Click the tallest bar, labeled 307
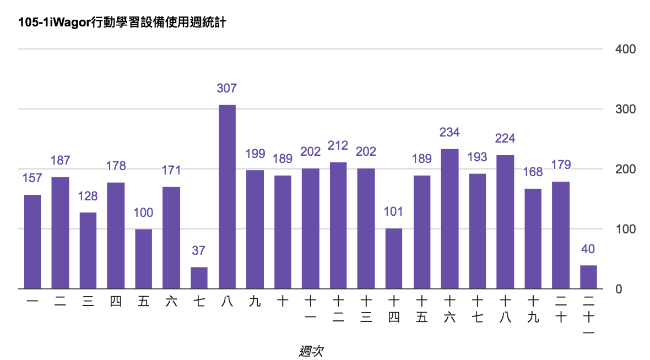[x=227, y=197]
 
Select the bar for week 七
[x=199, y=278]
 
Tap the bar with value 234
[x=449, y=219]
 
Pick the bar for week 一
[x=32, y=242]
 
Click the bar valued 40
[x=588, y=277]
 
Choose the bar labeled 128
[x=88, y=250]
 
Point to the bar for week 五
[x=144, y=259]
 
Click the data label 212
[x=338, y=146]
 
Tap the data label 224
[x=505, y=138]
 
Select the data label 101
[x=394, y=211]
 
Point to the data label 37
[x=199, y=250]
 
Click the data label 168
[x=533, y=172]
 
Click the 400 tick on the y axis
[x=625, y=50]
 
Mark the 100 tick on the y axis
[x=625, y=229]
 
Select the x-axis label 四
[x=116, y=302]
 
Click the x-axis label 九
[x=254, y=302]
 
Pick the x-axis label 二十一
[x=588, y=317]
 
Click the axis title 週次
[x=311, y=351]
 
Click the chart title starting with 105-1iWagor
[x=122, y=23]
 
